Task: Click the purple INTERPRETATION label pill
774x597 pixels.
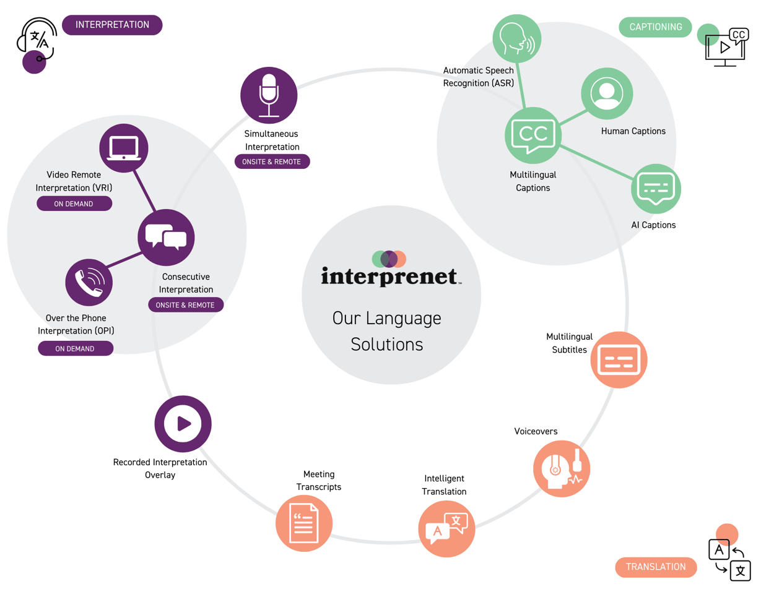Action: pyautogui.click(x=112, y=25)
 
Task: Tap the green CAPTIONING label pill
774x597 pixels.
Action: pyautogui.click(x=655, y=27)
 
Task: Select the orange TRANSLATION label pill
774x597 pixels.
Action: pyautogui.click(x=656, y=567)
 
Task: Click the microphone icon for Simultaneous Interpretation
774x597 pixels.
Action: pyautogui.click(x=269, y=95)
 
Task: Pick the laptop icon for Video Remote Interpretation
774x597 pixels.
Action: pyautogui.click(x=124, y=148)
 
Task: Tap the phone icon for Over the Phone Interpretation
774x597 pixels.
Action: pyautogui.click(x=89, y=283)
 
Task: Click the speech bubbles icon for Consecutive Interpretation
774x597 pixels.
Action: pyautogui.click(x=166, y=238)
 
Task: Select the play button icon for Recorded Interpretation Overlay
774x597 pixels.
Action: pyautogui.click(x=183, y=424)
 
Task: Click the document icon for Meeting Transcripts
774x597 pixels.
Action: pyautogui.click(x=303, y=523)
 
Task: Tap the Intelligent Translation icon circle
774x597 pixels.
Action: pyautogui.click(x=446, y=529)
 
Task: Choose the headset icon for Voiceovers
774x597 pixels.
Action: pyautogui.click(x=562, y=468)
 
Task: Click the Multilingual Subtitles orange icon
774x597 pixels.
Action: pyautogui.click(x=619, y=359)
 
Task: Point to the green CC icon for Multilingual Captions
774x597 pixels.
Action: pyautogui.click(x=533, y=135)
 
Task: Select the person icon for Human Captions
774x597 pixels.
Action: pyautogui.click(x=607, y=93)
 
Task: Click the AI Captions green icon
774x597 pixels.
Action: pyautogui.click(x=656, y=189)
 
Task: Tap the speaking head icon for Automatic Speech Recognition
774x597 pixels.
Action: pyautogui.click(x=516, y=38)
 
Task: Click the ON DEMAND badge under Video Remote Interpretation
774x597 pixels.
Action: pyautogui.click(x=74, y=204)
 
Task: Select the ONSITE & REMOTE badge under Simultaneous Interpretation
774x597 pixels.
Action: pyautogui.click(x=272, y=161)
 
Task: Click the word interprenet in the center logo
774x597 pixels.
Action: pyautogui.click(x=389, y=276)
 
